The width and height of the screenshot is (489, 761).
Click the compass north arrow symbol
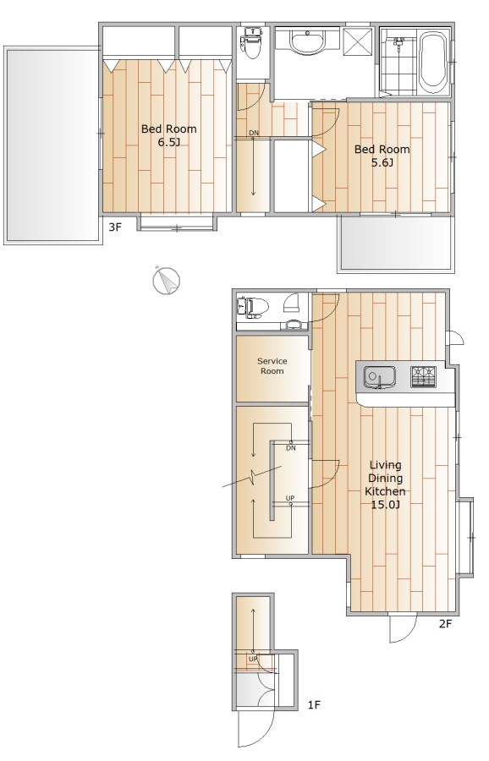pos(166,281)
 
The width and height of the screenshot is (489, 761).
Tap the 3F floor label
pos(114,227)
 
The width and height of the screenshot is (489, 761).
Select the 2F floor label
pos(445,624)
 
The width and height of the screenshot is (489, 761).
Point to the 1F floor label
pos(314,704)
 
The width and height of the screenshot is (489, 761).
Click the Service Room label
pos(272,366)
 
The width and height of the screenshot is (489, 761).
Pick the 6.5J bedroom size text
pos(168,142)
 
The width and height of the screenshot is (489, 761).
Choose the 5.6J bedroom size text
pos(382,162)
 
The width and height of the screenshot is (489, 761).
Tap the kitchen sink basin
pos(379,376)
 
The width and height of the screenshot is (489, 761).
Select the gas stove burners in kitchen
pos(424,376)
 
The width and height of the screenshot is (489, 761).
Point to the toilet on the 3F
pos(251,43)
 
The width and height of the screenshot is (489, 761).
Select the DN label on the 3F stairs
pos(254,133)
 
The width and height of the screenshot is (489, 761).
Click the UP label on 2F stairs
pos(290,498)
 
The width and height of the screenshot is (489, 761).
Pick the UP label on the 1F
pos(253,659)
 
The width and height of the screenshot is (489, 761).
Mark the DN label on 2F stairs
pos(290,448)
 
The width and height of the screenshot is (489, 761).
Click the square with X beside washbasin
pos(357,38)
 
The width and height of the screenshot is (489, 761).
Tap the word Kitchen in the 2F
pos(385,491)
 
